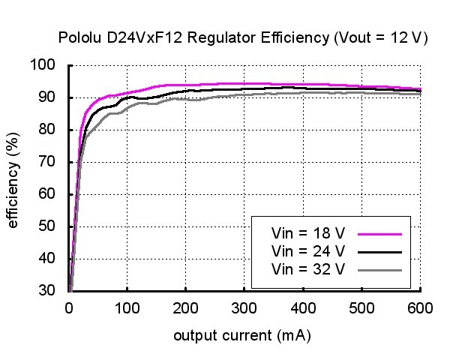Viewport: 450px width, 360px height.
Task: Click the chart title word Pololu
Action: tap(77, 38)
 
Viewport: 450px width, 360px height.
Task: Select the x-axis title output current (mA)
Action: tap(242, 335)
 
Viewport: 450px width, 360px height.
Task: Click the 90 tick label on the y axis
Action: tap(48, 97)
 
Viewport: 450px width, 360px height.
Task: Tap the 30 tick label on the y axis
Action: tap(48, 291)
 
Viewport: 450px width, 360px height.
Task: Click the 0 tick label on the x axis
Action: tap(69, 307)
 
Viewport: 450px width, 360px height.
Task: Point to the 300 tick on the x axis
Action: tap(244, 307)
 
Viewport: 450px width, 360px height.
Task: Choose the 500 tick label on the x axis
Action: tap(361, 307)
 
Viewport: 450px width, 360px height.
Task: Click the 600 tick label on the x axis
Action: tap(420, 307)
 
